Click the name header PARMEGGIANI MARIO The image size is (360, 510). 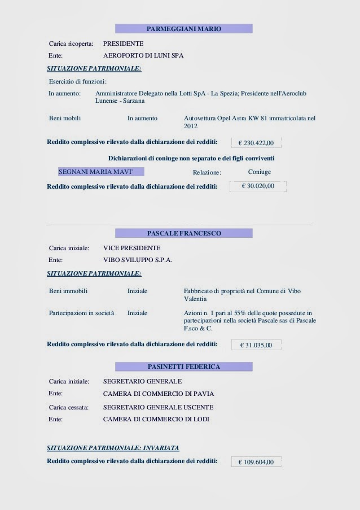[x=183, y=28]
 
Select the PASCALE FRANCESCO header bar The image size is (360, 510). [x=183, y=233]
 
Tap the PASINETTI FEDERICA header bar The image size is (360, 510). [x=183, y=367]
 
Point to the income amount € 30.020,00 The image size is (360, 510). [x=258, y=185]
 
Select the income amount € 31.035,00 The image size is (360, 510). [x=256, y=345]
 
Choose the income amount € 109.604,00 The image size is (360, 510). [x=256, y=462]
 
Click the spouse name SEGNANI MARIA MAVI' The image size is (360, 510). [x=96, y=172]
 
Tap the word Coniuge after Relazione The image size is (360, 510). [x=260, y=172]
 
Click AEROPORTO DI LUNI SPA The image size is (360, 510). [x=143, y=56]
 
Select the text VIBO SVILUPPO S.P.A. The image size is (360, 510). [x=138, y=260]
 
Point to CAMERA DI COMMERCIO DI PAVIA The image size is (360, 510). [x=159, y=394]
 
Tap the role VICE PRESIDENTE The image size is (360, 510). [x=131, y=248]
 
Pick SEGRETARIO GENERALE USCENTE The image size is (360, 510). [x=159, y=407]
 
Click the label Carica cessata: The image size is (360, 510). [x=69, y=407]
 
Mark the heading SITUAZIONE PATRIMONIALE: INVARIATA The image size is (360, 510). [x=113, y=448]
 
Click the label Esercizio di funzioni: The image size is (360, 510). [x=78, y=82]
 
